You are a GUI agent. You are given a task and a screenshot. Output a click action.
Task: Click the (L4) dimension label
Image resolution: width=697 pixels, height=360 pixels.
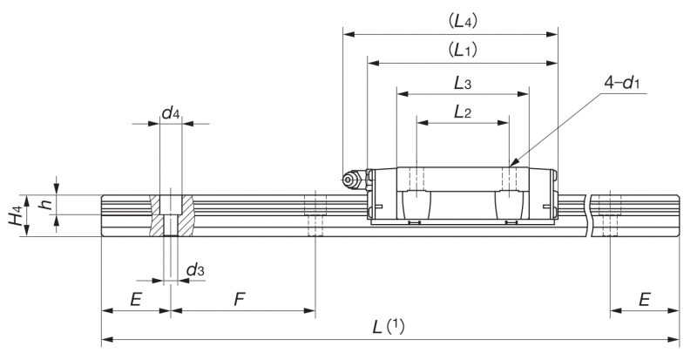(x=463, y=22)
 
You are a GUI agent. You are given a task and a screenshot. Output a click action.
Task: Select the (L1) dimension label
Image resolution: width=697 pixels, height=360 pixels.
(x=463, y=50)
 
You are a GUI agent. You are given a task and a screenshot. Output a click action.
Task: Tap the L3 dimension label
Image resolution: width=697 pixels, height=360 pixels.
(x=463, y=83)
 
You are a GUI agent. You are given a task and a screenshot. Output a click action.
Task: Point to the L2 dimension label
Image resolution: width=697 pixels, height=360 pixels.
(x=463, y=112)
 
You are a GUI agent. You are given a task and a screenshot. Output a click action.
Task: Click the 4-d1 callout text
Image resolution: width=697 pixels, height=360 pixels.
(x=621, y=83)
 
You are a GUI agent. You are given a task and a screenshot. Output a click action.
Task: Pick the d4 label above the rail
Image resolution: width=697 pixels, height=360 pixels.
(x=171, y=113)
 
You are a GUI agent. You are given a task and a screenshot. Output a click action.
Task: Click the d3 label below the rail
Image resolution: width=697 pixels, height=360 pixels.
(x=195, y=269)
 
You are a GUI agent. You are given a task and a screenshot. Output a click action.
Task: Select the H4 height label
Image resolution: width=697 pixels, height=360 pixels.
(x=17, y=216)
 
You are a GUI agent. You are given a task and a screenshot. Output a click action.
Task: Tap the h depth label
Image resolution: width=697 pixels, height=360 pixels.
(x=45, y=204)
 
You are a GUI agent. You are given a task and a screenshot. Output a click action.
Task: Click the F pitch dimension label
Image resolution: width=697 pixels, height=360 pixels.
(x=240, y=300)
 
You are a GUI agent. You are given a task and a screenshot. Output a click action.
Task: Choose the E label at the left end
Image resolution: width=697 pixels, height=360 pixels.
(x=136, y=300)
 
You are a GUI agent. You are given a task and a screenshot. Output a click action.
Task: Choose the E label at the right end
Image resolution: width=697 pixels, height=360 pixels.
(x=645, y=300)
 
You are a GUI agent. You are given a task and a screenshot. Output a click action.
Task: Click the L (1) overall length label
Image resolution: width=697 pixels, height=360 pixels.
(x=388, y=328)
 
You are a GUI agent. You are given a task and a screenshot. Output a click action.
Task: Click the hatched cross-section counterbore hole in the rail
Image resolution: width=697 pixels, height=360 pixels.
(x=171, y=215)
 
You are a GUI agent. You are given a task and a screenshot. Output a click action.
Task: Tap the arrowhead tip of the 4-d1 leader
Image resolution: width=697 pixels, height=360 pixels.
(x=510, y=166)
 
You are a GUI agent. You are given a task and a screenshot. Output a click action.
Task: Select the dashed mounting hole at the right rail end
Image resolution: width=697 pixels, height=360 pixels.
(x=610, y=214)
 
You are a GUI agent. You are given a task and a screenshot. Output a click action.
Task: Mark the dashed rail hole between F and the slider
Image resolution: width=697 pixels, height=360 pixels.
(x=315, y=214)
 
